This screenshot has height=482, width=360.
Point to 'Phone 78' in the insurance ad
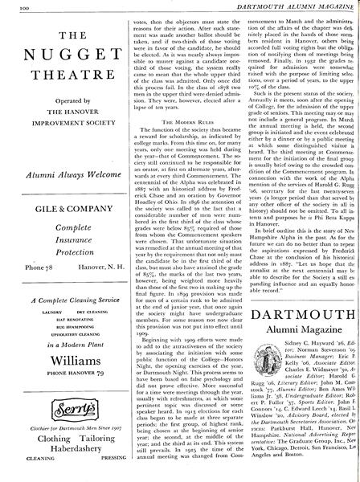(23, 242)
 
